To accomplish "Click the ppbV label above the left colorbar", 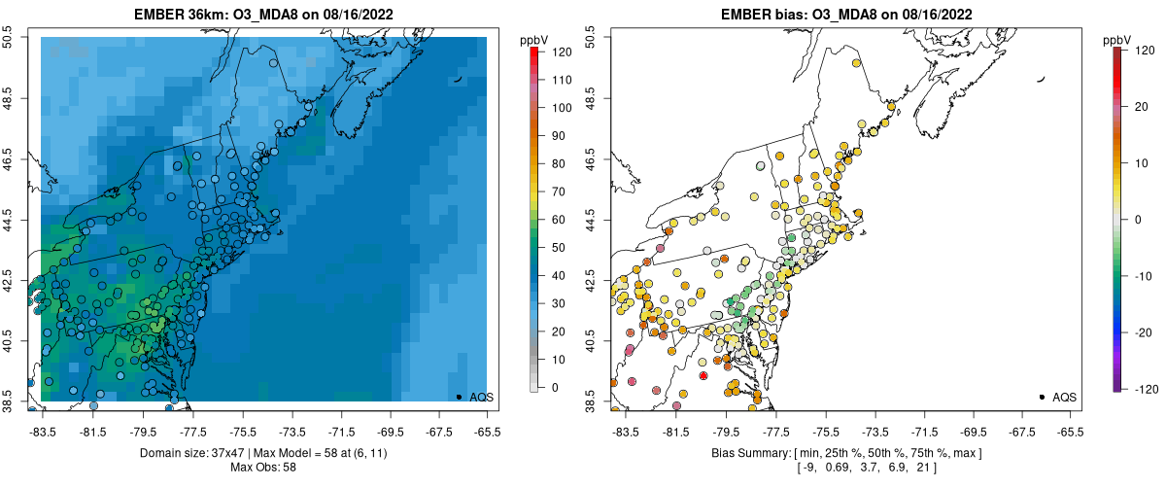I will coord(534,39).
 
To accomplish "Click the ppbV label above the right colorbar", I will coord(1117,39).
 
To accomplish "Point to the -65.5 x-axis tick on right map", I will coord(1070,432).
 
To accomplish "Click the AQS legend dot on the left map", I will coord(459,397).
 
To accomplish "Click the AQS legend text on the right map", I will coord(1064,398).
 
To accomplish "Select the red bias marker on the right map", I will coord(703,375).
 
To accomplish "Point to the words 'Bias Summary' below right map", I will coord(746,454).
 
